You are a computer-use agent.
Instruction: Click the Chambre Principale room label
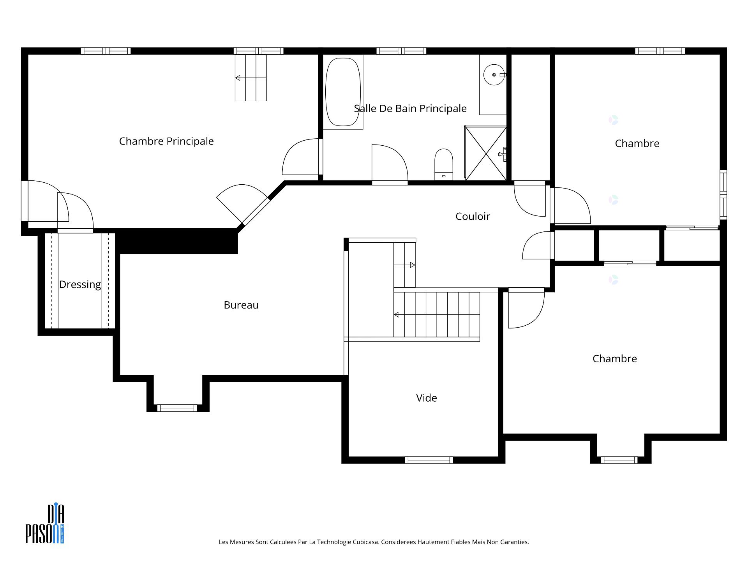[166, 141]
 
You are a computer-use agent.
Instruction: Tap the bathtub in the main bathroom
[343, 92]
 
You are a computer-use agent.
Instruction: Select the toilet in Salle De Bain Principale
[444, 164]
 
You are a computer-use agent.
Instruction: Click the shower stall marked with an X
[486, 153]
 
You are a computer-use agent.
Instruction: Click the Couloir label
[473, 216]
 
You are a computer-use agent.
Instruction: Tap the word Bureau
[241, 305]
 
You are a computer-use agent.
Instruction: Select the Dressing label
[80, 284]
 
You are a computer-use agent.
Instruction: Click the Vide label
[427, 398]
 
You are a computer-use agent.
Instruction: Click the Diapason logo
[45, 524]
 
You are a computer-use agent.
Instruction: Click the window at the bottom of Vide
[429, 460]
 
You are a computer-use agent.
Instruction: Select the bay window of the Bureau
[177, 408]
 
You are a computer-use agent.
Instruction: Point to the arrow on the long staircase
[397, 314]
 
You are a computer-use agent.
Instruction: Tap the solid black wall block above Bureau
[177, 242]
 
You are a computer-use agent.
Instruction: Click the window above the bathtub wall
[401, 51]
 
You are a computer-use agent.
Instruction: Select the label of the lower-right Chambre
[614, 359]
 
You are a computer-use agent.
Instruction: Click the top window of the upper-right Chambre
[660, 51]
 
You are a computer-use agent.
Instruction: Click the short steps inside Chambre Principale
[251, 78]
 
